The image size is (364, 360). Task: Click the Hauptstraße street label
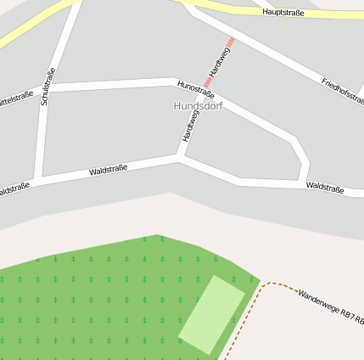point(283,13)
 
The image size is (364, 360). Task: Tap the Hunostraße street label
point(196,89)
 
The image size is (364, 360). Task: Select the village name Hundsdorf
point(197,106)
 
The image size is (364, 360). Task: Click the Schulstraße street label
point(48,87)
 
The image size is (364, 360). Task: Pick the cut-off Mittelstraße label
point(15,98)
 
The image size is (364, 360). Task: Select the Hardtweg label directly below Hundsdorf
point(190,126)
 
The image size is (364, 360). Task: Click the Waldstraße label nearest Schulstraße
point(108,171)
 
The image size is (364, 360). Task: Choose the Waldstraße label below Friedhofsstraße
point(325,187)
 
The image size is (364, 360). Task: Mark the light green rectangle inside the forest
point(211,314)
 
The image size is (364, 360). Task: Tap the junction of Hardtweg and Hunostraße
point(200,84)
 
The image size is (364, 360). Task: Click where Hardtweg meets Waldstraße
point(179,156)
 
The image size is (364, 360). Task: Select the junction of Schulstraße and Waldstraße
point(39,178)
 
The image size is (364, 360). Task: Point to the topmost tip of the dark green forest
point(158,235)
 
